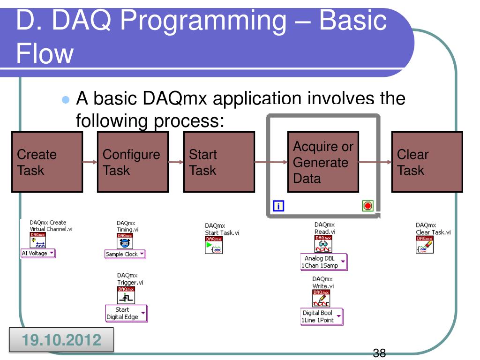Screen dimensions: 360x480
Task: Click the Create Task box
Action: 47,162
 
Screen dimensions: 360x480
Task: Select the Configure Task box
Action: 133,162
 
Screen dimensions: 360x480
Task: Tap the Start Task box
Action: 218,162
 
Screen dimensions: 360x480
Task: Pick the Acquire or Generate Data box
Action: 323,162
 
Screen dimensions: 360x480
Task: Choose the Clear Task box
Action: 427,162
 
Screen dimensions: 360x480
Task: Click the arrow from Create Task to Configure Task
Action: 90,162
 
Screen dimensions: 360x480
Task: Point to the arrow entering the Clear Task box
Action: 375,162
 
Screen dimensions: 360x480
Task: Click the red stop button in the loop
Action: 367,206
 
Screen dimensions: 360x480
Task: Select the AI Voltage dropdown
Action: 38,254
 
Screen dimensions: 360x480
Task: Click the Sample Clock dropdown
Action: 125,254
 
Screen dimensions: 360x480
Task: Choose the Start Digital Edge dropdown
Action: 126,313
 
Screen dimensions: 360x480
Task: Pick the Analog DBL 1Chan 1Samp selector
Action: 324,262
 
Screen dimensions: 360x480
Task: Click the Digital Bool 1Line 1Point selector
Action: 322,316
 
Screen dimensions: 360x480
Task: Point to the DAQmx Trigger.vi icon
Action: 125,295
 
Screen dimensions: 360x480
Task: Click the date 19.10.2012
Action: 62,339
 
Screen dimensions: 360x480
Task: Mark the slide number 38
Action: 380,353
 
